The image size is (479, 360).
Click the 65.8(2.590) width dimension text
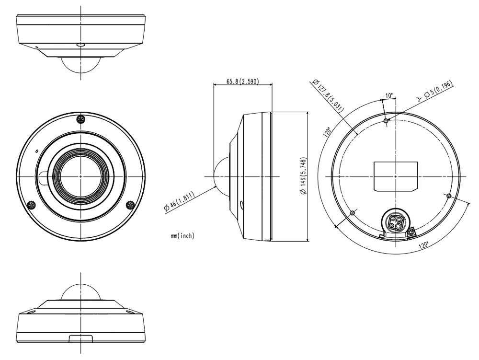242,82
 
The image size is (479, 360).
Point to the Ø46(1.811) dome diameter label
182,202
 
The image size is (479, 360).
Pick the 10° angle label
389,95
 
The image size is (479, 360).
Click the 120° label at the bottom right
423,244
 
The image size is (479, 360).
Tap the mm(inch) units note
182,236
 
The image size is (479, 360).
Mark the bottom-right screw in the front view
130,205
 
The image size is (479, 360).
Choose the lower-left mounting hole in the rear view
353,212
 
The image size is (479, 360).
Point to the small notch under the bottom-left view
81,338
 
